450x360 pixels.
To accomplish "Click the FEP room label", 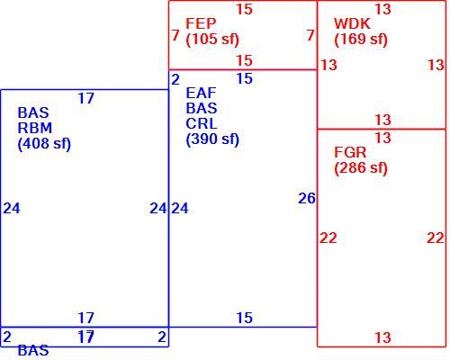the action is pyautogui.click(x=201, y=23).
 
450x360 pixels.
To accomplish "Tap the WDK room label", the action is pyautogui.click(x=352, y=23).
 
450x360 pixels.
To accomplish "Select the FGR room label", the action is pyautogui.click(x=350, y=152).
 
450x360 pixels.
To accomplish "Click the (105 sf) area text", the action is pyautogui.click(x=212, y=40).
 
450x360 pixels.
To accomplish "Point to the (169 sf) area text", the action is pyautogui.click(x=361, y=40).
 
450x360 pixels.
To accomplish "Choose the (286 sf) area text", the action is pyautogui.click(x=361, y=168).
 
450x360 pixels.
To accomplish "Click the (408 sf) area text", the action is pyautogui.click(x=44, y=144).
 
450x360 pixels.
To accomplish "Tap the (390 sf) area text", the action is pyautogui.click(x=212, y=139).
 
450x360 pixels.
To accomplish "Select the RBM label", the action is pyautogui.click(x=35, y=128).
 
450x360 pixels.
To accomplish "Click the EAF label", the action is pyautogui.click(x=201, y=93).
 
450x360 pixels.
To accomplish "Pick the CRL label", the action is pyautogui.click(x=201, y=123).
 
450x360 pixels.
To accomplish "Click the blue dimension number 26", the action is pyautogui.click(x=307, y=198).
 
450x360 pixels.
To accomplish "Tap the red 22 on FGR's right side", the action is pyautogui.click(x=436, y=238).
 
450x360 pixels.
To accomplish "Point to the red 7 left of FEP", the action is pyautogui.click(x=175, y=35).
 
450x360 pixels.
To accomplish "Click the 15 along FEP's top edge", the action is pyautogui.click(x=244, y=9).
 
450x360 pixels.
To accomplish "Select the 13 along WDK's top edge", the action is pyautogui.click(x=383, y=9).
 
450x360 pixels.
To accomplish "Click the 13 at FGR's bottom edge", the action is pyautogui.click(x=383, y=337).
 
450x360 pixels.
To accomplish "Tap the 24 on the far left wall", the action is pyautogui.click(x=12, y=209).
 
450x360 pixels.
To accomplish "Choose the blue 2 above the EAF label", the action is pyautogui.click(x=175, y=80).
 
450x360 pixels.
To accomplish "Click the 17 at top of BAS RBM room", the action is pyautogui.click(x=86, y=98).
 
